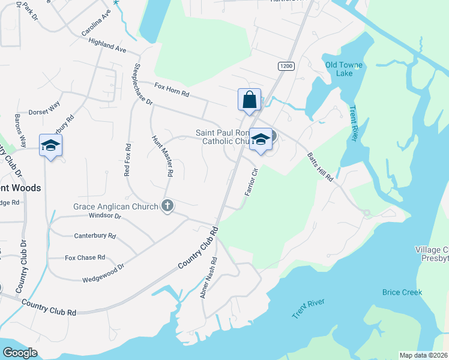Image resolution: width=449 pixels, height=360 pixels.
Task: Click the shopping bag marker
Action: (249, 100)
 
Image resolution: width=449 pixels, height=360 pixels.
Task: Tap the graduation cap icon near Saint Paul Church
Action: (260, 139)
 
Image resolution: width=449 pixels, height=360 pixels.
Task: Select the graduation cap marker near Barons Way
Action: (51, 145)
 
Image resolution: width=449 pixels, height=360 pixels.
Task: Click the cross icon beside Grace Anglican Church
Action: (167, 206)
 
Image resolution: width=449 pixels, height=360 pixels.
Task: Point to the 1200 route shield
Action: (286, 65)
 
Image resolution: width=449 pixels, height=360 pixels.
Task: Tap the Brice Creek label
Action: (402, 292)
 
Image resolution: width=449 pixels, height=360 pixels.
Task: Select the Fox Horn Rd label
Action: (172, 91)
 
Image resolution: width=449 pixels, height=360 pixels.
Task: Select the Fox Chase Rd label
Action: (85, 257)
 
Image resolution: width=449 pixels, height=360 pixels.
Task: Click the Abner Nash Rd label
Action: (210, 283)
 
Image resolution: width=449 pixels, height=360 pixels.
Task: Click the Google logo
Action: (20, 352)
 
